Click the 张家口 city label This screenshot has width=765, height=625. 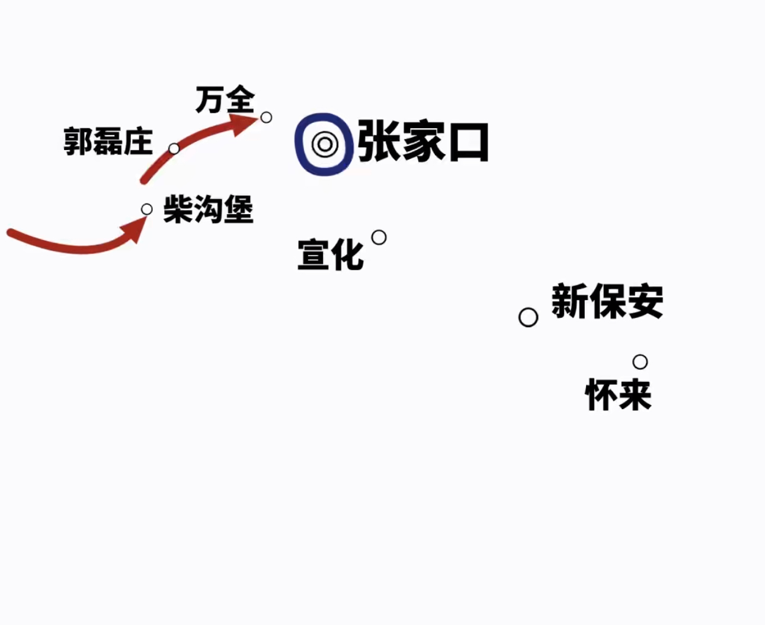[423, 142]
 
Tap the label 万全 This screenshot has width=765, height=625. [225, 100]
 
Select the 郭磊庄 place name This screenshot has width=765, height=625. [108, 142]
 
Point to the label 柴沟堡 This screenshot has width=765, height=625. [208, 209]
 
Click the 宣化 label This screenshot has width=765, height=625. [331, 254]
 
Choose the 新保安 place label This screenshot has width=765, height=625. [607, 301]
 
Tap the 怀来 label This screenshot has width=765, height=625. [619, 394]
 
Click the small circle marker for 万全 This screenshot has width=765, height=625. [266, 117]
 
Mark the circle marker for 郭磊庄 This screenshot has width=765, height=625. [174, 149]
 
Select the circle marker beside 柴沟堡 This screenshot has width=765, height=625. [147, 209]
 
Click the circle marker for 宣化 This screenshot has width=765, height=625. [379, 238]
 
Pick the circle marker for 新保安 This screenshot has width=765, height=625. [528, 318]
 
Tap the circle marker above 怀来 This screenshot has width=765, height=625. [640, 362]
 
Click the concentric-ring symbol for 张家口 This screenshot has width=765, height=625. [325, 145]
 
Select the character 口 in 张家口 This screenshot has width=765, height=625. [469, 142]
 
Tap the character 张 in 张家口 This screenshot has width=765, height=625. [378, 142]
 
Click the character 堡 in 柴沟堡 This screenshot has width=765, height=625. [239, 209]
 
